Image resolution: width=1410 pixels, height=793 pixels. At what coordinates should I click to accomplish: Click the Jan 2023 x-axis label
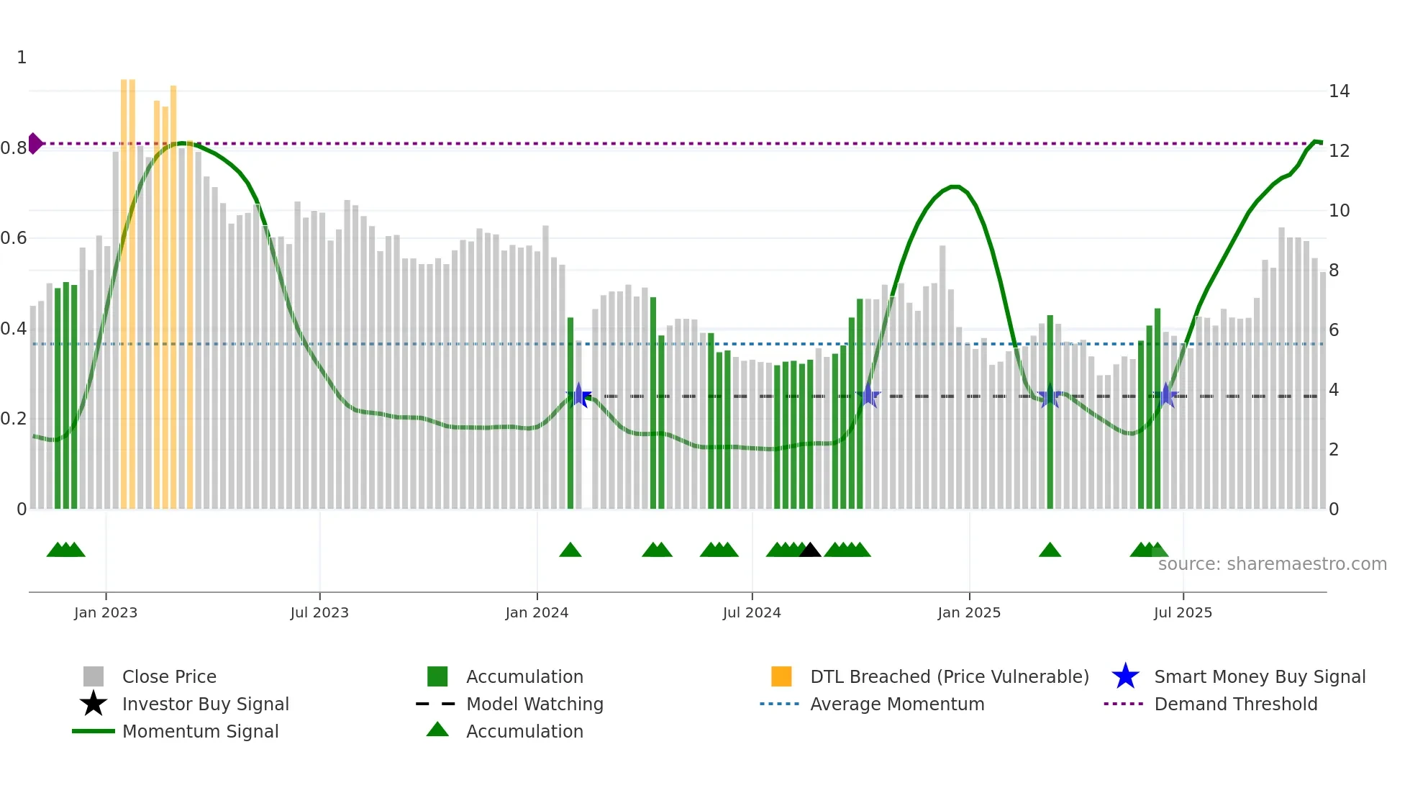105,612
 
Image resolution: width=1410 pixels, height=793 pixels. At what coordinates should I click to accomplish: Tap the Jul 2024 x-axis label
752,612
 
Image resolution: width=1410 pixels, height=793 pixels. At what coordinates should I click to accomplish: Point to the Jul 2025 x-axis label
1183,612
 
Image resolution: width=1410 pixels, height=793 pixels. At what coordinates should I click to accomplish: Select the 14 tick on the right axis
1339,91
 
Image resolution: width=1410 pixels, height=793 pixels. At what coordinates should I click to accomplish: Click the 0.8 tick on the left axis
14,148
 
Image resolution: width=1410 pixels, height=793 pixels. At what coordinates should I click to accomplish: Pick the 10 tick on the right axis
1339,211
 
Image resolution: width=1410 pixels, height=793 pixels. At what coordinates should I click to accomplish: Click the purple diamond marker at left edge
35,143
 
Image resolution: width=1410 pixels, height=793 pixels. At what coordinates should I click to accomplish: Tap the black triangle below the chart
810,550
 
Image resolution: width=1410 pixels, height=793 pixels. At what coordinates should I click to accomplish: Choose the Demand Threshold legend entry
1235,704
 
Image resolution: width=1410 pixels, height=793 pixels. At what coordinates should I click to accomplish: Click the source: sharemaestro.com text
1272,564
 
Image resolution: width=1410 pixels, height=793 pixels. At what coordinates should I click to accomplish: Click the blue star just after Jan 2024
579,395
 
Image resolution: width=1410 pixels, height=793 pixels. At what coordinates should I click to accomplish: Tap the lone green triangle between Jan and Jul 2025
1050,550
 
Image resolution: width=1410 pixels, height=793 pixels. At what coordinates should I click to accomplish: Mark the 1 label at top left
22,58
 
